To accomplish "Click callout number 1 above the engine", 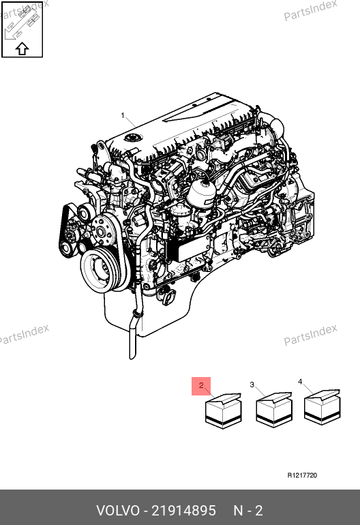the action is tap(123, 115).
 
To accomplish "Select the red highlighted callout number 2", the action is tap(201, 386).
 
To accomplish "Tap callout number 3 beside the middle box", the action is tap(252, 385).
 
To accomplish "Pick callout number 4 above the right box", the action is tap(300, 382).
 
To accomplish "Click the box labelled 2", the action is tap(224, 411).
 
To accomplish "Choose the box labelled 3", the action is tap(274, 410).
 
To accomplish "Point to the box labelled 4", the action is tap(322, 407).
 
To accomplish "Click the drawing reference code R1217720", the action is tap(302, 475).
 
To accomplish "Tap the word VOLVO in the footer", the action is tap(118, 511).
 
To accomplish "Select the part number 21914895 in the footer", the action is tap(184, 511).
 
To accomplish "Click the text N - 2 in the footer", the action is tap(247, 511).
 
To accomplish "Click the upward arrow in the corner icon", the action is tap(22, 48).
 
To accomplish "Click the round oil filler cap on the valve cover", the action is tap(133, 138).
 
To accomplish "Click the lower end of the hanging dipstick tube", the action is tap(132, 357).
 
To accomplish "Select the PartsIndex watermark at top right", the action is tap(310, 10).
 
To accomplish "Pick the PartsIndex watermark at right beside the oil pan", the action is tap(310, 335).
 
